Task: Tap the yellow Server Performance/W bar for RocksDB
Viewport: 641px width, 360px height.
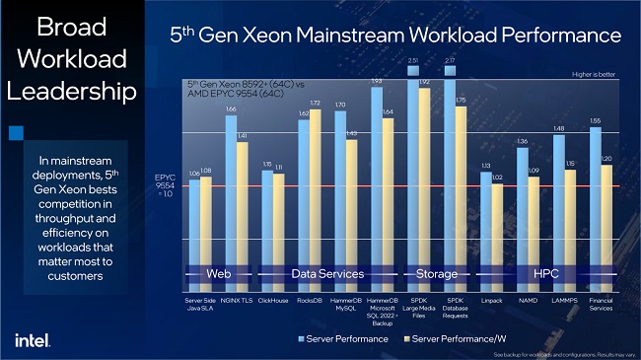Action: pos(316,197)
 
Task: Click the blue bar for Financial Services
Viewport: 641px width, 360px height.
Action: pos(596,207)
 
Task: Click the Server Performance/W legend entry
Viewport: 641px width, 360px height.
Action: pos(454,338)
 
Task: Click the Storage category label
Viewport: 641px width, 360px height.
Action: pos(436,273)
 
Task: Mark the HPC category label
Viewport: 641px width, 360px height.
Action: pos(545,273)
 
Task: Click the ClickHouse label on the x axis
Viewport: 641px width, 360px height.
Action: pos(272,298)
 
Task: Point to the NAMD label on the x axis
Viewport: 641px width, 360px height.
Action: pos(528,298)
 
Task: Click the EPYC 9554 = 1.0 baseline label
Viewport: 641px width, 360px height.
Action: pos(166,186)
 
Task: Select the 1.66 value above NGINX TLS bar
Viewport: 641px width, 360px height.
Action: pos(231,109)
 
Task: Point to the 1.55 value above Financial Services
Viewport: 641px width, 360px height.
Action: pos(595,120)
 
